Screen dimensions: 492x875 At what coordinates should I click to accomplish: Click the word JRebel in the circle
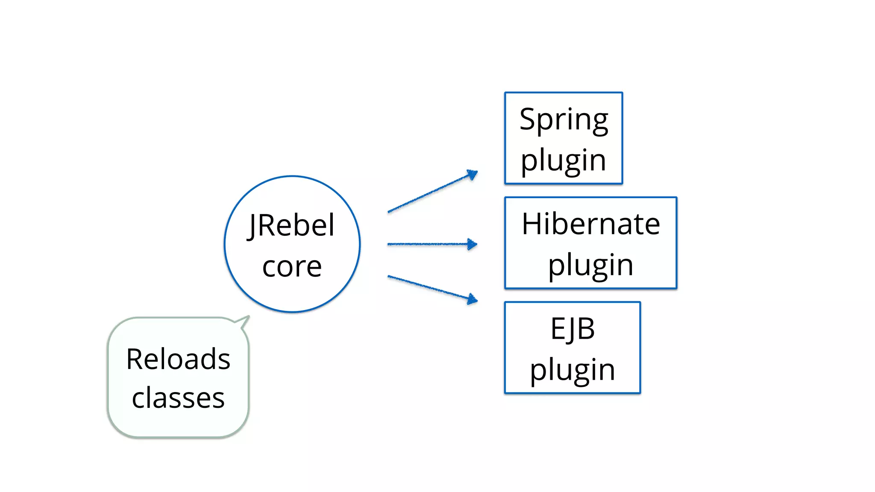coord(291,225)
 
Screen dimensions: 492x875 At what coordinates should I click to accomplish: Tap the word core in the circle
coord(292,266)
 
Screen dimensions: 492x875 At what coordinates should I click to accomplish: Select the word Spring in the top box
coord(564,120)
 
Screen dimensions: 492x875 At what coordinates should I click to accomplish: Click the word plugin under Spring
coord(564,161)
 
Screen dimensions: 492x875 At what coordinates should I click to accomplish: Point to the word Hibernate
coord(590,224)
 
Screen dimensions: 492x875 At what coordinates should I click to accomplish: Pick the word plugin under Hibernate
coord(590,265)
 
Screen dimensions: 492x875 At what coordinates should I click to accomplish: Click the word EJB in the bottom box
coord(573,329)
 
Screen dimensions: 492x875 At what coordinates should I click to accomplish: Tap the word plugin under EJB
coord(573,370)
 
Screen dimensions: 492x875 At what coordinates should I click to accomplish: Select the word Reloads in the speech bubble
coord(178,359)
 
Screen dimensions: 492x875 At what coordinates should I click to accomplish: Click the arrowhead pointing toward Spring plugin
coord(473,174)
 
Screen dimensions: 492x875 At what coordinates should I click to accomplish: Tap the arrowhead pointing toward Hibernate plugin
coord(473,244)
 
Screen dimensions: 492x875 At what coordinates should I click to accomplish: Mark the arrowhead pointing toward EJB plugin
coord(473,299)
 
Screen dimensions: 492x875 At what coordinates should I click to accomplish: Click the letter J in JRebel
coord(252,226)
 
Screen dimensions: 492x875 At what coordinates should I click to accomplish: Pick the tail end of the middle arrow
coord(389,244)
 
